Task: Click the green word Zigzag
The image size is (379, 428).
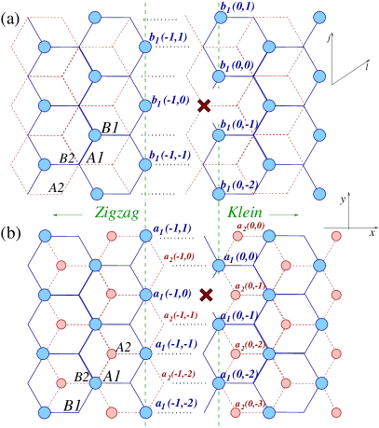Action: pyautogui.click(x=116, y=214)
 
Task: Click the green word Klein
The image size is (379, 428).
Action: pyautogui.click(x=245, y=214)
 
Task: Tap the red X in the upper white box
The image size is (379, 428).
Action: pyautogui.click(x=204, y=105)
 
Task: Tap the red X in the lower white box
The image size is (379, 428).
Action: pyautogui.click(x=206, y=295)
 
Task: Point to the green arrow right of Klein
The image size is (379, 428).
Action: pyautogui.click(x=283, y=214)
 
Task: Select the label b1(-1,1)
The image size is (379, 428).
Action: pyautogui.click(x=169, y=38)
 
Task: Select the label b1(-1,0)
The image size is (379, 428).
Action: pyautogui.click(x=171, y=100)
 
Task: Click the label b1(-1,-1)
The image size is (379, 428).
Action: pyautogui.click(x=170, y=156)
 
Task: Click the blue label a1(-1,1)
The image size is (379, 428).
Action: pyautogui.click(x=172, y=228)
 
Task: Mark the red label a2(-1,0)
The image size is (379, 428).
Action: pyautogui.click(x=179, y=256)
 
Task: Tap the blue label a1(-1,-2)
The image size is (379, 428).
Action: pyautogui.click(x=176, y=404)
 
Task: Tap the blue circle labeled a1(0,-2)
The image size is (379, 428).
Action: pyautogui.click(x=219, y=382)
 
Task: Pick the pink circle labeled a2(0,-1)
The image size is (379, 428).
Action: pyautogui.click(x=237, y=295)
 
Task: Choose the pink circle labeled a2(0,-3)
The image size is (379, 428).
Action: pyautogui.click(x=237, y=411)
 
